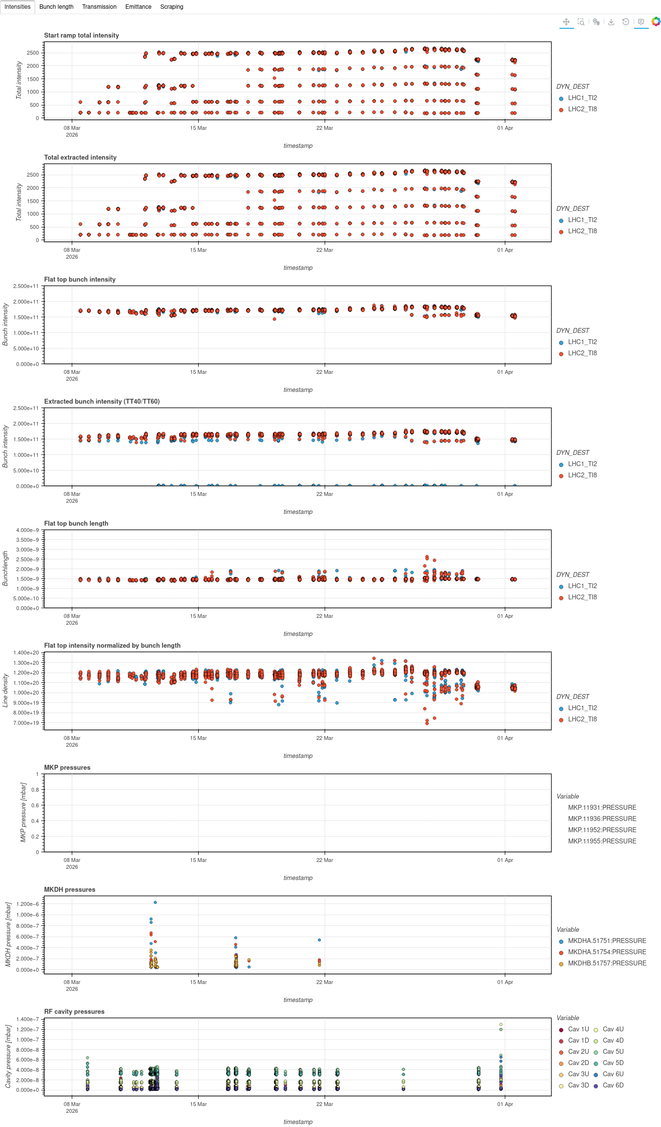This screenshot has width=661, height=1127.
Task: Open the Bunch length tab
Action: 56,7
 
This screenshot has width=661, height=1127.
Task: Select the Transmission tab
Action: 99,7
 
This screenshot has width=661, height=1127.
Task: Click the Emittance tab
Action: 138,7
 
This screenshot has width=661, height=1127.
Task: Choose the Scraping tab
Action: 172,7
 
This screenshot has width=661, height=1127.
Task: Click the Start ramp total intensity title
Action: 82,36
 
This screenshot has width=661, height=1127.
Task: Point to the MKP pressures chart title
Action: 67,768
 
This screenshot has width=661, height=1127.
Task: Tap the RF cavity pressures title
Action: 74,1012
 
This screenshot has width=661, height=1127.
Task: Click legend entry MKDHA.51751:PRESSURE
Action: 607,941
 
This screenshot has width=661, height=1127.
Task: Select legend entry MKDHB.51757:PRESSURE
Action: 607,963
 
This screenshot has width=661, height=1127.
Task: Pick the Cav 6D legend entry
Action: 613,1086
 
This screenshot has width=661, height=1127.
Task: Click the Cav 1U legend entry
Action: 578,1029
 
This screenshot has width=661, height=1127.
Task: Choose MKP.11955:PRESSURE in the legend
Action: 602,841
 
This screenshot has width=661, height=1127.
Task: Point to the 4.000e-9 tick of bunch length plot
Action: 27,530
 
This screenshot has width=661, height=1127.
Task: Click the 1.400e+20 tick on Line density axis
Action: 26,653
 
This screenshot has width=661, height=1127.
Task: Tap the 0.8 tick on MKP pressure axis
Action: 35,790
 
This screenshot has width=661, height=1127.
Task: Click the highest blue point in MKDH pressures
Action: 155,902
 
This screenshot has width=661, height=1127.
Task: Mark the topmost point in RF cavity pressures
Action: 501,1025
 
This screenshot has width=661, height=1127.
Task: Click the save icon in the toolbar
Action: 611,22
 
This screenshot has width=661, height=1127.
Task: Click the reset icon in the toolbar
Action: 626,22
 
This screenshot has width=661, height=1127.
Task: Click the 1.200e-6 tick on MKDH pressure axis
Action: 27,904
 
